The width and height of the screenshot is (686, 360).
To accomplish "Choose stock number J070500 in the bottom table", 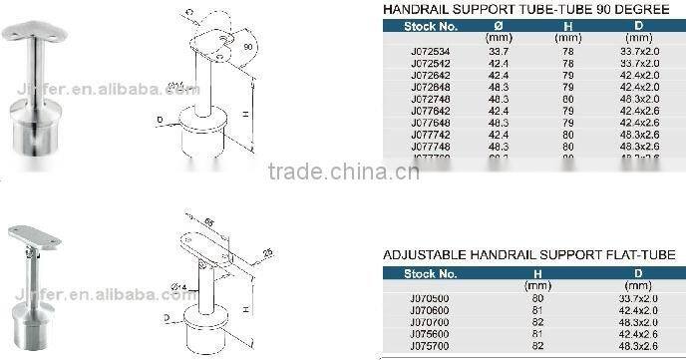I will tap(411, 298).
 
